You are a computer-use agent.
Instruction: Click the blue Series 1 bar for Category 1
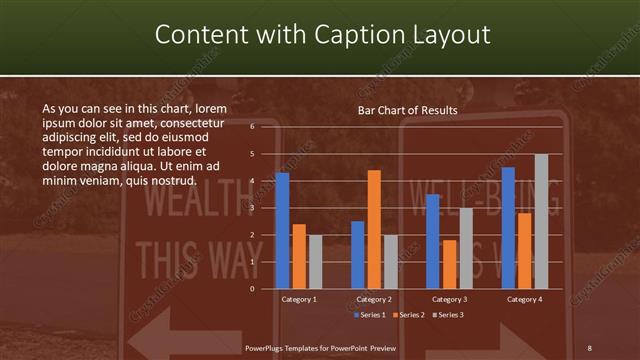point(282,231)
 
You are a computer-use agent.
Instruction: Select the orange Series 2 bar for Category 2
point(374,229)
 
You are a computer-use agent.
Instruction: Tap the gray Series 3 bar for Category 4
point(541,221)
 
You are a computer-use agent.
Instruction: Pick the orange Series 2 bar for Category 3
point(449,264)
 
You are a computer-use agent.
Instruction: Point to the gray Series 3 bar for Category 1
point(315,262)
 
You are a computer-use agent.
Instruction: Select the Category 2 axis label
point(374,299)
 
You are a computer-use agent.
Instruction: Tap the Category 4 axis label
point(524,299)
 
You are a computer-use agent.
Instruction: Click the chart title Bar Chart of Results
point(407,110)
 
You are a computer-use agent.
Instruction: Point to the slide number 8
point(590,346)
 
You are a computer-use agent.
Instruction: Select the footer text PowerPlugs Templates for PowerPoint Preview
point(320,346)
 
